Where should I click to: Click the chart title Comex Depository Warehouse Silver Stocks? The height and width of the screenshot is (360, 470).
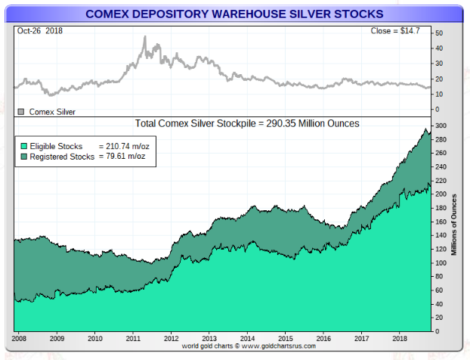coord(234,14)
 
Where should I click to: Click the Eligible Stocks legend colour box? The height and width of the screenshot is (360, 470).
coord(23,146)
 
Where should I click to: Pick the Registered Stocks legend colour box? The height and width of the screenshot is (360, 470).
coord(23,157)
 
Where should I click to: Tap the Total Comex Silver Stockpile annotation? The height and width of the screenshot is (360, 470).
coord(246,123)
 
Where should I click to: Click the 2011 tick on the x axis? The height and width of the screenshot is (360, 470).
coord(133,339)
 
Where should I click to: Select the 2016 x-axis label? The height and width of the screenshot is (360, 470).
coord(323,339)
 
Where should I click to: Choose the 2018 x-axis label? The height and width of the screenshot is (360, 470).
coord(400,339)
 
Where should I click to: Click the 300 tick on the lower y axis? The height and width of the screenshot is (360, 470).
coord(440,126)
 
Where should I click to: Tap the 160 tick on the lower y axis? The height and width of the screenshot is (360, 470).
coord(440,222)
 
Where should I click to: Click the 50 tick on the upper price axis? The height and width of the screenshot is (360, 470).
coord(438,34)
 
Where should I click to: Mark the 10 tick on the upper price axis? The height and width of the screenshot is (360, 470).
coord(438,94)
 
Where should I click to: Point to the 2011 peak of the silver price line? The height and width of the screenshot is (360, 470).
coord(144,37)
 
